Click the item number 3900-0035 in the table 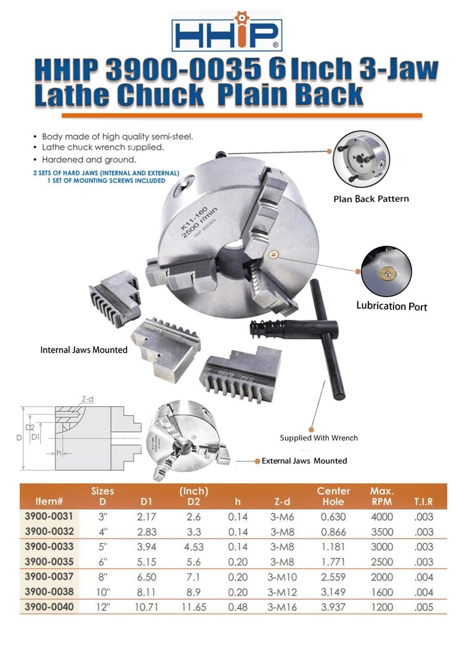pyautogui.click(x=49, y=561)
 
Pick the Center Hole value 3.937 pyautogui.click(x=333, y=607)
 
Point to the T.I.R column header pyautogui.click(x=424, y=502)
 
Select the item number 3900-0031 pyautogui.click(x=49, y=517)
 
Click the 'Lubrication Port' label pyautogui.click(x=391, y=306)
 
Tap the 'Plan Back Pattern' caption pyautogui.click(x=371, y=198)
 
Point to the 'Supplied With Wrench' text pyautogui.click(x=318, y=438)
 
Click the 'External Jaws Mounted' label pyautogui.click(x=304, y=461)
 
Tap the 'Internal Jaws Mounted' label pyautogui.click(x=84, y=349)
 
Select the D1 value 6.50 pyautogui.click(x=147, y=577)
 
